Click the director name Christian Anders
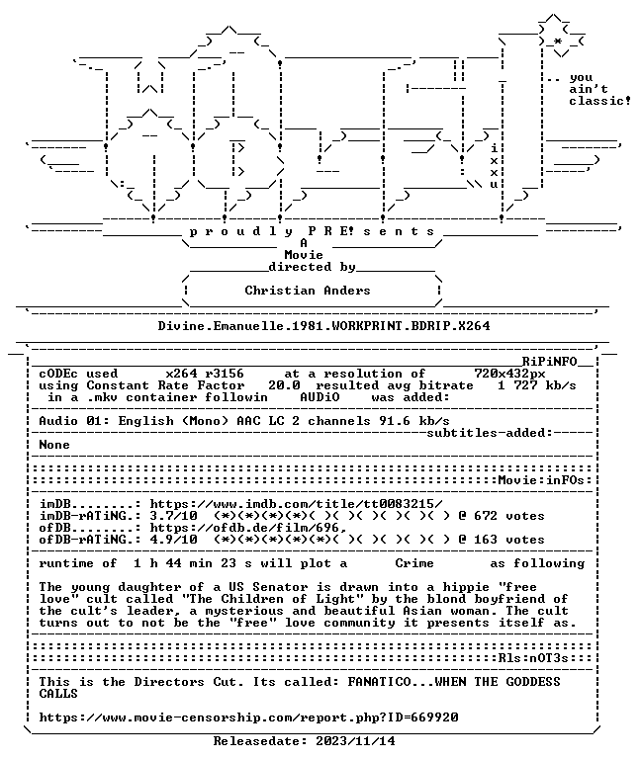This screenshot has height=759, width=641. coord(308,291)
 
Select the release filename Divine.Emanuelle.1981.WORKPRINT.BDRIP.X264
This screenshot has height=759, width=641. coord(323,326)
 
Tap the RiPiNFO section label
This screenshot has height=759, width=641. coord(549,362)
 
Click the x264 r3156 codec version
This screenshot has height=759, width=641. coord(205,374)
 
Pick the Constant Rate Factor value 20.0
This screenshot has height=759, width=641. coord(284,385)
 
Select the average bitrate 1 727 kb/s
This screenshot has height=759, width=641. coord(537,385)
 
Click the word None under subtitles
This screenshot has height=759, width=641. coord(54,445)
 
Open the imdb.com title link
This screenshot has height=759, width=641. coord(296,504)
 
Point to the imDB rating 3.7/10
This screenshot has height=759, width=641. coord(173,516)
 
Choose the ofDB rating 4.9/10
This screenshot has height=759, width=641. coord(173,540)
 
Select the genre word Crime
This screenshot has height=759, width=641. coord(414,563)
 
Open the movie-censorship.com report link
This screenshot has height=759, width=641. coord(248,717)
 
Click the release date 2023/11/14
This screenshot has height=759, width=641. coord(355,741)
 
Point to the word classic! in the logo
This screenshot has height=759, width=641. coord(599,101)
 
